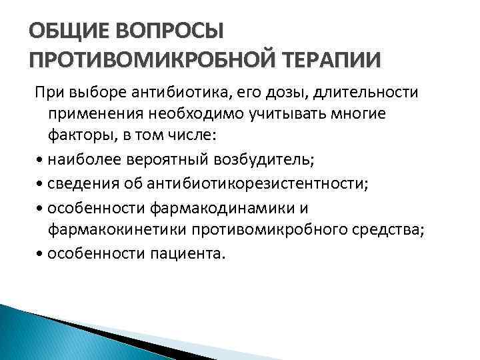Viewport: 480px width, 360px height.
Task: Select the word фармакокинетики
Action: tap(117, 230)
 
